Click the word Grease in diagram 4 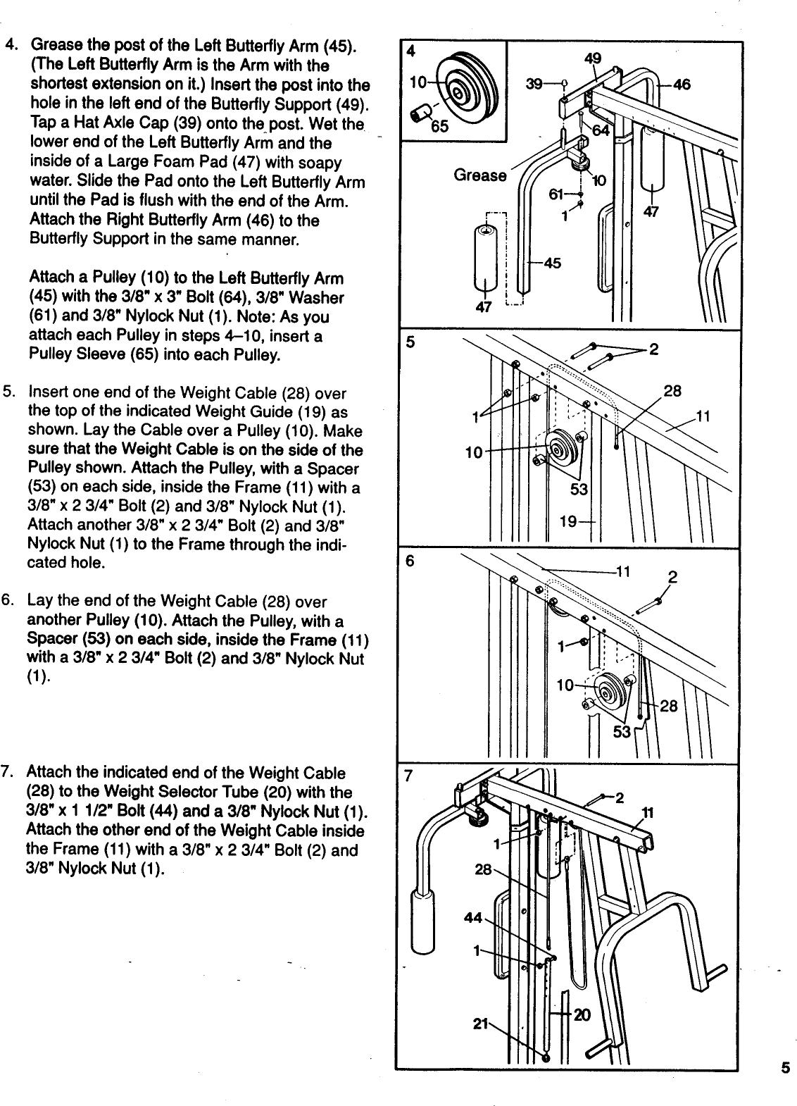pos(480,175)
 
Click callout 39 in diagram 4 pos(534,84)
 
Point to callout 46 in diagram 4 pos(681,84)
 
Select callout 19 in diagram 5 pos(567,521)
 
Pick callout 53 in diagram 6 pos(622,733)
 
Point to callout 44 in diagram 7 pos(473,918)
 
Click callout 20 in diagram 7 pos(582,1014)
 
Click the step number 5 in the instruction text pos(8,392)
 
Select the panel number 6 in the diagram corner pos(408,564)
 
